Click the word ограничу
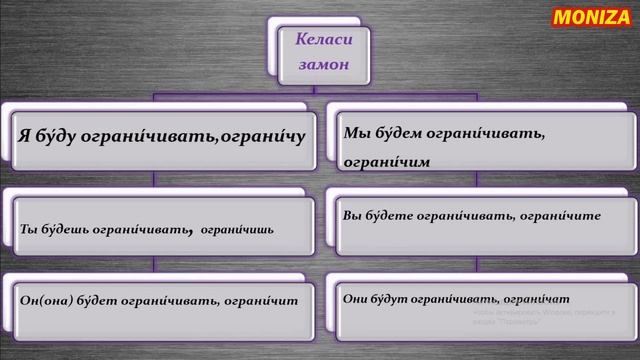263,133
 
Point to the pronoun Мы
355,131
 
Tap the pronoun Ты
29,229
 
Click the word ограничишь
238,229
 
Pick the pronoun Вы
352,214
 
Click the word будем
398,131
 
